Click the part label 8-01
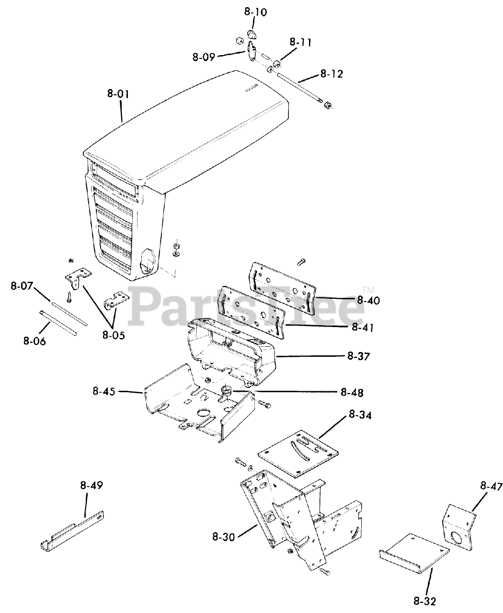pyautogui.click(x=118, y=94)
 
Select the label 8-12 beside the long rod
pyautogui.click(x=332, y=74)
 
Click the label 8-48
pyautogui.click(x=352, y=393)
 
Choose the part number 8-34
pyautogui.click(x=360, y=415)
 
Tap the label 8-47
pyautogui.click(x=491, y=487)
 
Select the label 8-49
pyautogui.click(x=91, y=485)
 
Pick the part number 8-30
pyautogui.click(x=223, y=537)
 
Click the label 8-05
pyautogui.click(x=113, y=335)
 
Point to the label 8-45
pyautogui.click(x=104, y=391)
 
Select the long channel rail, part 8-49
pyautogui.click(x=72, y=529)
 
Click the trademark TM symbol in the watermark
pyautogui.click(x=367, y=289)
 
